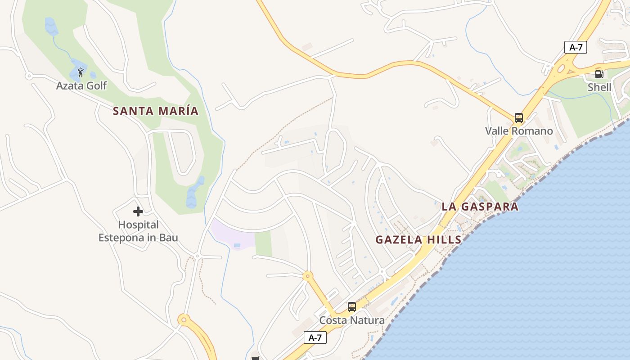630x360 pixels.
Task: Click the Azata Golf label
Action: (x=81, y=85)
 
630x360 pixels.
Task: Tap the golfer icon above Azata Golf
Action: (x=81, y=72)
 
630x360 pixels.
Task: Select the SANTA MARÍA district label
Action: (x=155, y=111)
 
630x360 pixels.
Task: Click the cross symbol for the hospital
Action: (x=138, y=211)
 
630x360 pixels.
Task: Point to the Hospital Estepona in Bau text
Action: (x=138, y=231)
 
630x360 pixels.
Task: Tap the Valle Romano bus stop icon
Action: (x=518, y=118)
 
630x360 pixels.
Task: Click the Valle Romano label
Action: (x=519, y=131)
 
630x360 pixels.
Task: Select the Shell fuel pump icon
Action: (x=599, y=74)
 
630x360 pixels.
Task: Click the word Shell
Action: (x=599, y=87)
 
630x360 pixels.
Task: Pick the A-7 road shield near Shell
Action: (x=576, y=47)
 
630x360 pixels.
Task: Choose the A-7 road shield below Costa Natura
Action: (x=315, y=337)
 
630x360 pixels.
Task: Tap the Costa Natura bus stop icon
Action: (x=352, y=307)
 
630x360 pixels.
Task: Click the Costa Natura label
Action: (x=352, y=320)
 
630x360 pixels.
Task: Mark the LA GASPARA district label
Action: (x=480, y=207)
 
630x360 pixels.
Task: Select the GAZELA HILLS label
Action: (x=418, y=240)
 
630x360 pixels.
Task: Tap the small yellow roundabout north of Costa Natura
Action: (x=308, y=276)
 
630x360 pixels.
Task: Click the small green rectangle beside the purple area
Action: (x=263, y=243)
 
